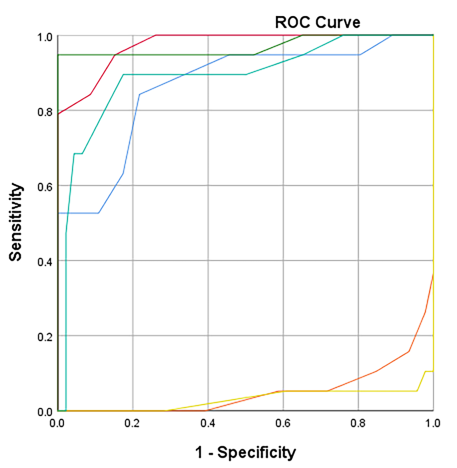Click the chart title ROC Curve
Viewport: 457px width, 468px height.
317,22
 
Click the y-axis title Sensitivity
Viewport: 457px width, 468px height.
16,222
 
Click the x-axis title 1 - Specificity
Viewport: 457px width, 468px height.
245,452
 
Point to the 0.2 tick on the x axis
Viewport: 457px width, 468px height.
132,424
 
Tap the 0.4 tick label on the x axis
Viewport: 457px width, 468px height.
208,424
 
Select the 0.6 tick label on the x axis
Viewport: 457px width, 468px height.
283,424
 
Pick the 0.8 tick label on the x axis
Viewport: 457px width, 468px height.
358,424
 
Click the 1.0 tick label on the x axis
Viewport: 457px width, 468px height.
433,424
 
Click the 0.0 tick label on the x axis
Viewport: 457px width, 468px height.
57,424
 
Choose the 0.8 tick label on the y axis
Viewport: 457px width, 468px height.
45,112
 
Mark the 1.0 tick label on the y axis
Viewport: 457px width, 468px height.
45,37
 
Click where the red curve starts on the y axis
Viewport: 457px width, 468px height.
58,114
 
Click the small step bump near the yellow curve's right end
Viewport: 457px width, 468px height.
429,371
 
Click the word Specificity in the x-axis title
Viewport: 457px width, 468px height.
257,452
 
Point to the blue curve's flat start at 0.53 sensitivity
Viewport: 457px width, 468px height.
78,213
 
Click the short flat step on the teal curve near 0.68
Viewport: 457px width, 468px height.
78,154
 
